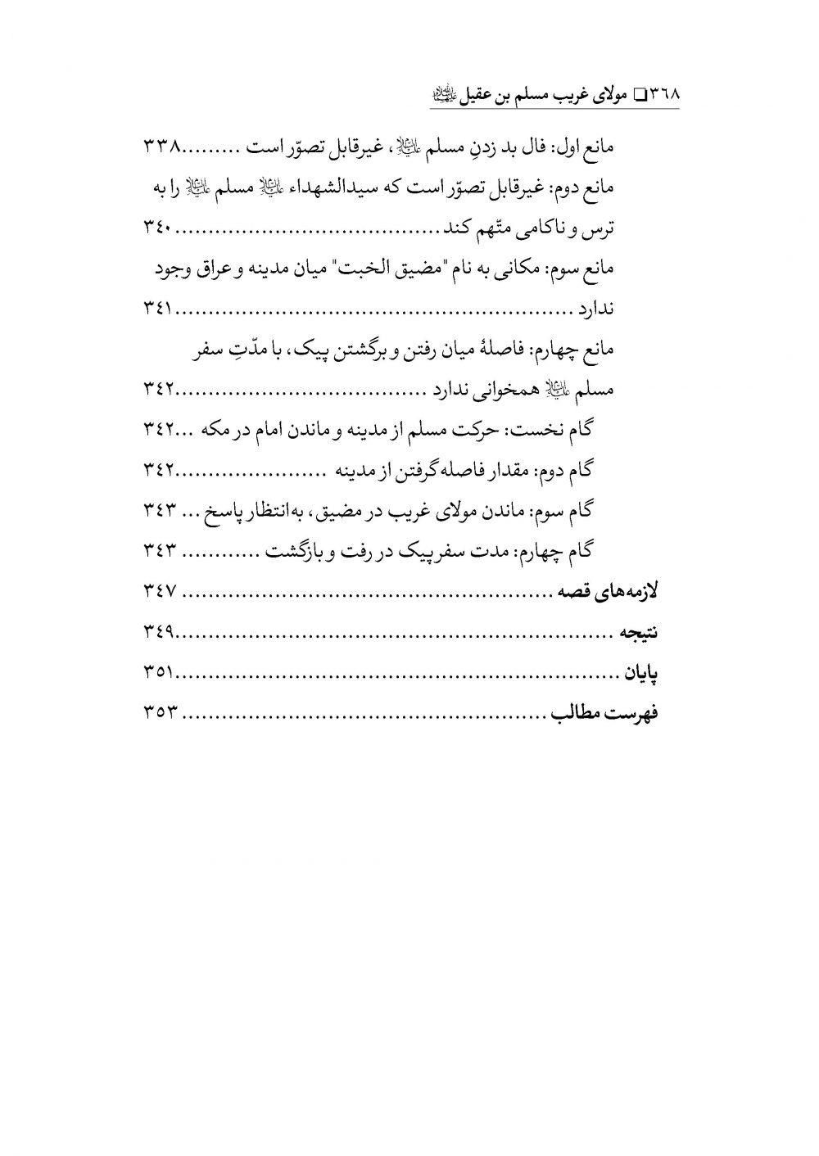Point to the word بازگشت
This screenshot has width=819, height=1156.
pos(296,551)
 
